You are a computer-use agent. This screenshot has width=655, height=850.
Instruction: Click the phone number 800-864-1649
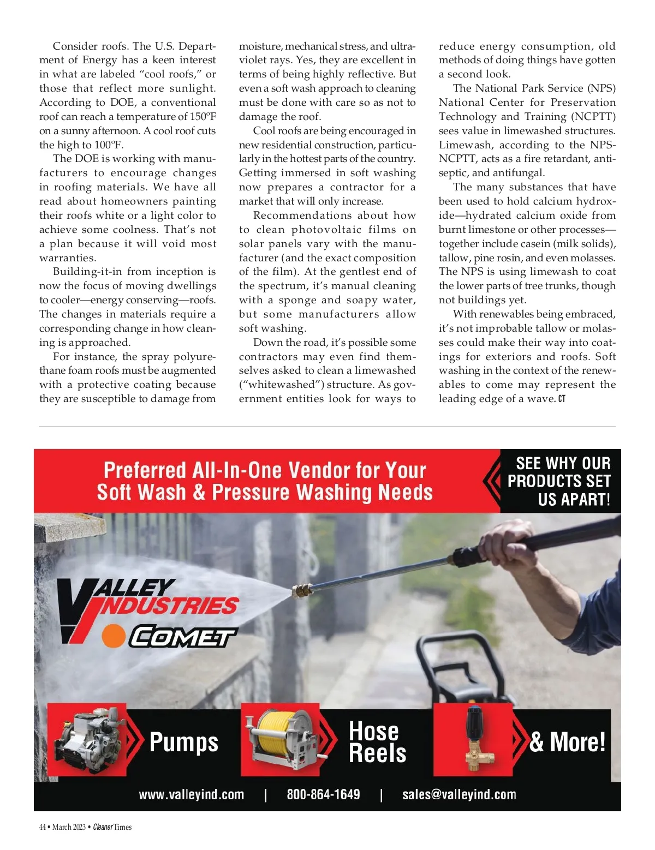(x=323, y=794)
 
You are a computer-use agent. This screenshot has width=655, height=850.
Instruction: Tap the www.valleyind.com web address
(x=191, y=794)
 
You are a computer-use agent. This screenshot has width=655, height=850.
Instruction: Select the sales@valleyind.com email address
(x=459, y=794)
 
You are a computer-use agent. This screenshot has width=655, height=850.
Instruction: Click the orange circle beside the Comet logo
(x=114, y=636)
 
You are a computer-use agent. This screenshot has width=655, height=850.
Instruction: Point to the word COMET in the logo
(x=182, y=637)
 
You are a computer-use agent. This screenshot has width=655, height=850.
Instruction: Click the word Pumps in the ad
(x=183, y=743)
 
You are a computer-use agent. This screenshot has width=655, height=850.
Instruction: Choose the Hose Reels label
(x=377, y=742)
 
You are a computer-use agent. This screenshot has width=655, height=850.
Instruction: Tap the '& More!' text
(x=567, y=742)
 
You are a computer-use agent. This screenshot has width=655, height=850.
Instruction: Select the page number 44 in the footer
(x=43, y=827)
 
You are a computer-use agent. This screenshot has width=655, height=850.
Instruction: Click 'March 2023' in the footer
(x=69, y=827)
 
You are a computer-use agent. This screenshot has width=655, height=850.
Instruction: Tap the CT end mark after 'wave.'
(x=562, y=399)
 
